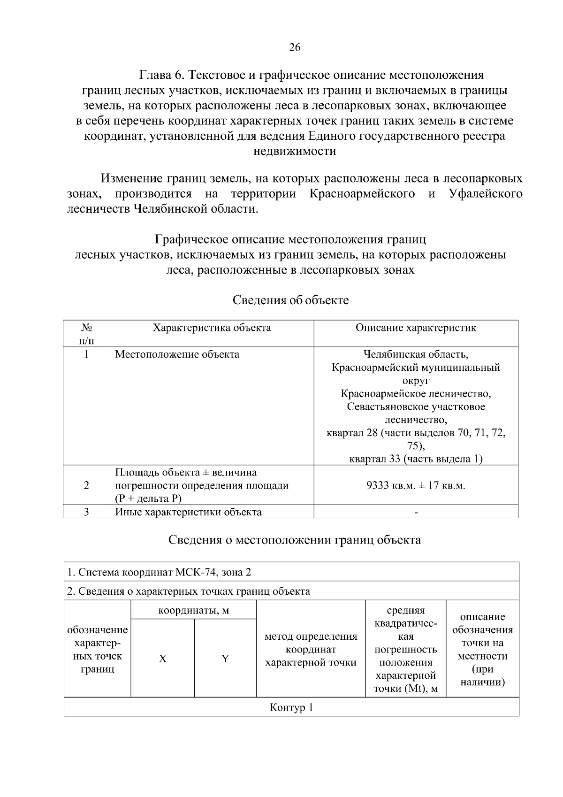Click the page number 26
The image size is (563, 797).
295,47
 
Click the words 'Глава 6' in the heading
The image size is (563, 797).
162,75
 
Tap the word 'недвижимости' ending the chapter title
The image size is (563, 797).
295,151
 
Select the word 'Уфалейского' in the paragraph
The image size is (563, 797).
486,194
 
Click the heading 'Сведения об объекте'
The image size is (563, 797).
291,300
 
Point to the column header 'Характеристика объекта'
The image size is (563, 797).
212,328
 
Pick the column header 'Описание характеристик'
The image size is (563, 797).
416,328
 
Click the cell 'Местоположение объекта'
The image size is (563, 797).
177,354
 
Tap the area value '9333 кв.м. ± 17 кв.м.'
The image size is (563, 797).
416,485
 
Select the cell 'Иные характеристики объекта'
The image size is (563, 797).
189,512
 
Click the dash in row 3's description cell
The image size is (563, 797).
416,512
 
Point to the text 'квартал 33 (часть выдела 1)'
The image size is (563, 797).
416,459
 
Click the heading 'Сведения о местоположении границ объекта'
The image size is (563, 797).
295,540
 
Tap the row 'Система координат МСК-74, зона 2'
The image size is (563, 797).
160,572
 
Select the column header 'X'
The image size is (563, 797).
162,659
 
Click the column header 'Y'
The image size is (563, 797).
225,659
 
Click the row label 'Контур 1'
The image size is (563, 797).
291,708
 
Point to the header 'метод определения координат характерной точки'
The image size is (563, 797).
311,650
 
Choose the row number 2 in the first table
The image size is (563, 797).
86,485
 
